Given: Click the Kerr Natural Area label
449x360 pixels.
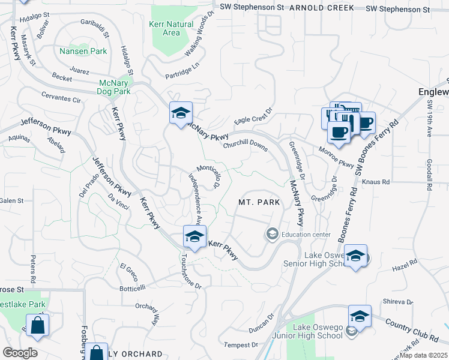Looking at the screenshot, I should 171,28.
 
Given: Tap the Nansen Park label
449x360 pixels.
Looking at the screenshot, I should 83,51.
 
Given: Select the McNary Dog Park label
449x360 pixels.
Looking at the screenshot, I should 113,88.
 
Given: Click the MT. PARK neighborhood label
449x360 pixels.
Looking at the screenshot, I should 259,203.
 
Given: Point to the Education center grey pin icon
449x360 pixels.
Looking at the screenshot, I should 272,233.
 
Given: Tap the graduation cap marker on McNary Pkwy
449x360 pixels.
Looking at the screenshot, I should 180,113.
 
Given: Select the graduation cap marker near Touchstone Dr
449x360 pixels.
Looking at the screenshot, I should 194,237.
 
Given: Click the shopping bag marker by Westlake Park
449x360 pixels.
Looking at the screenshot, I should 37,326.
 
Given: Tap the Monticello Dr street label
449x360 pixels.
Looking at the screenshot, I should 207,175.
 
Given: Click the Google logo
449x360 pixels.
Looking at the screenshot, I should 20,353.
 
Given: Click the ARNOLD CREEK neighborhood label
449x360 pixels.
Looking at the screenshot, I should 322,8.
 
